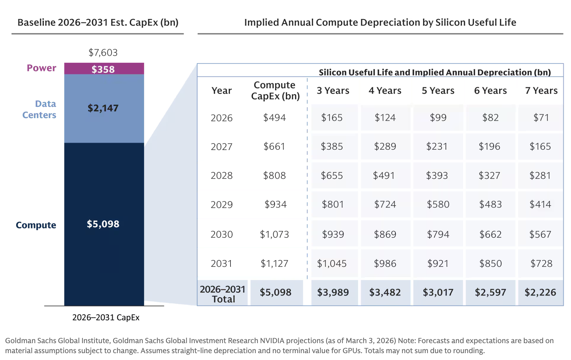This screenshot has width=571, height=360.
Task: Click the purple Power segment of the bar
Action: click(104, 68)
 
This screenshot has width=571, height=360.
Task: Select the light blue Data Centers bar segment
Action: click(104, 108)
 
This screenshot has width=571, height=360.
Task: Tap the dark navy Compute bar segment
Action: click(104, 224)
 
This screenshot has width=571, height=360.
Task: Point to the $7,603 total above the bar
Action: click(103, 52)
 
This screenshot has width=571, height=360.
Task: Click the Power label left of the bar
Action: click(41, 68)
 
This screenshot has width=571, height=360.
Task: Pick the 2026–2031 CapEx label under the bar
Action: click(106, 317)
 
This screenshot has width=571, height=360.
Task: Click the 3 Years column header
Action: click(333, 91)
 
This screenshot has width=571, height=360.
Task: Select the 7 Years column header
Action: click(541, 91)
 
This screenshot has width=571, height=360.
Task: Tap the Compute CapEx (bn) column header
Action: click(275, 91)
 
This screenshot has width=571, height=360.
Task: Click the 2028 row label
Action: click(221, 176)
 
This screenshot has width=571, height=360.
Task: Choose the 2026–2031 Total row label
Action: click(223, 294)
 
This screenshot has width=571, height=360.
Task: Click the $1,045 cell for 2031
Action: click(332, 264)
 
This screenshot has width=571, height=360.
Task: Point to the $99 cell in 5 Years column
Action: click(438, 118)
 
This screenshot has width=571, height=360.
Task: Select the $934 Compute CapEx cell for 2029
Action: click(275, 204)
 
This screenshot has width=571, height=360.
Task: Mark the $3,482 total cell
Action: click(385, 292)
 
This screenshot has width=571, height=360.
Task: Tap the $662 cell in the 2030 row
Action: click(490, 234)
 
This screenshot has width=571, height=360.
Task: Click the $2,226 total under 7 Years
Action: click(540, 292)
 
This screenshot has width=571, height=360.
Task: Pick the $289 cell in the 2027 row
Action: click(385, 147)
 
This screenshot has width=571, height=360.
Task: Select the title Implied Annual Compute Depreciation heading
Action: click(380, 22)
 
